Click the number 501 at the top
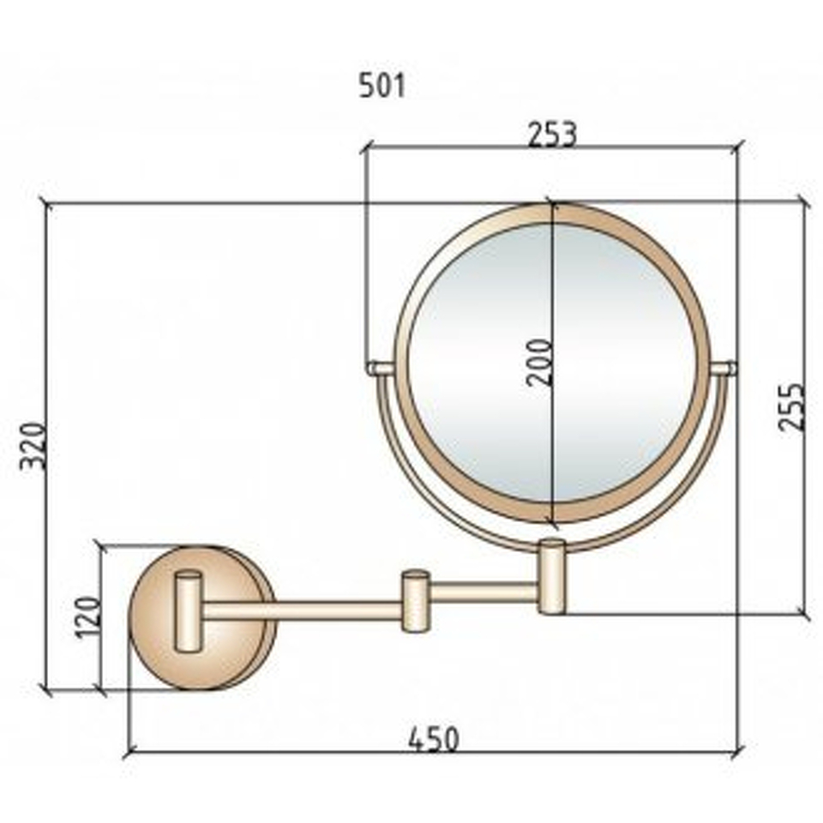coord(382,86)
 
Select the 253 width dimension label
coord(552,134)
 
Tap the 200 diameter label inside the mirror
coord(539,363)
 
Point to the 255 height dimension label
coord(790,407)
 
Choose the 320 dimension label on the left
coord(33,446)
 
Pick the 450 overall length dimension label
coord(434,740)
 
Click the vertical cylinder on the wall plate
coord(188,611)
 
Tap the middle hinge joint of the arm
coord(416,600)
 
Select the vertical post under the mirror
coord(551,576)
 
